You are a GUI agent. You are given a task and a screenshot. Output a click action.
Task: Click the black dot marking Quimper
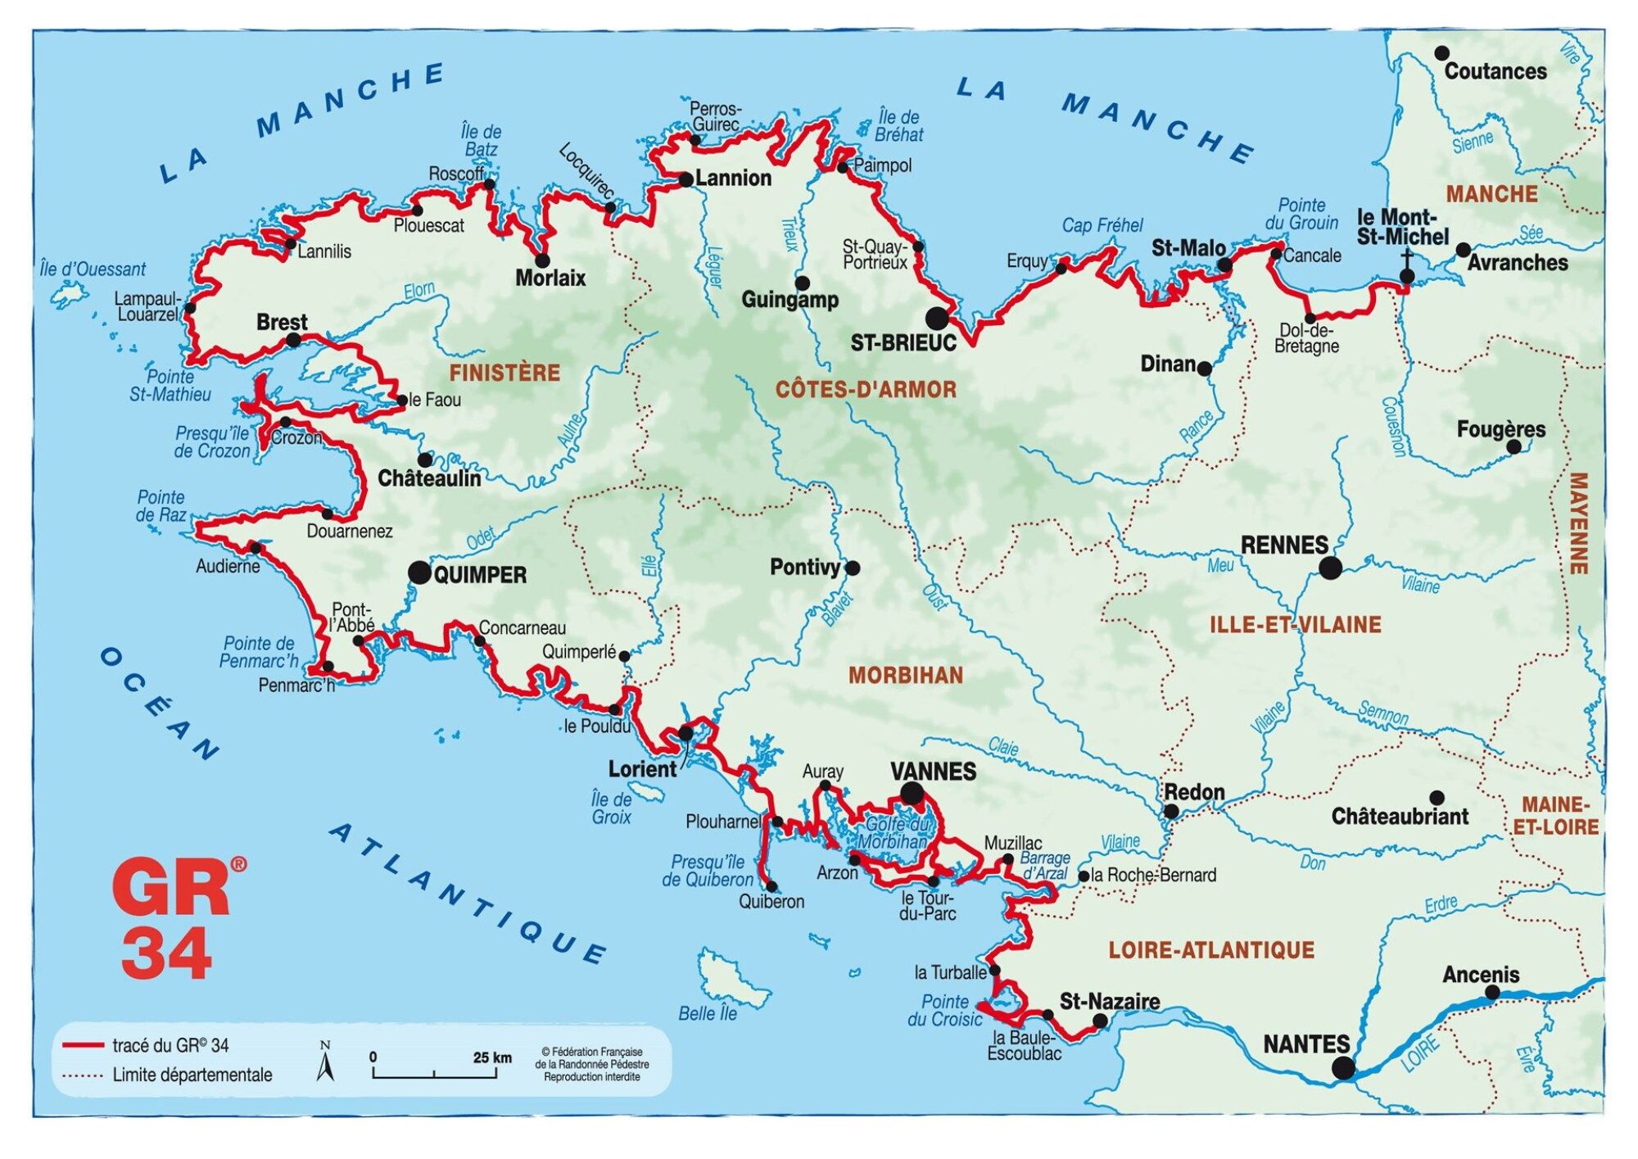coord(419,573)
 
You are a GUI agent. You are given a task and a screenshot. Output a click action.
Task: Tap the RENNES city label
coord(1283,546)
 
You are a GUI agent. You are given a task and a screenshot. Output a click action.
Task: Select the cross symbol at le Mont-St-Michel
coord(1406,261)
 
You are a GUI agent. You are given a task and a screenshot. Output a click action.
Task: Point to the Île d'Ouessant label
coord(93,269)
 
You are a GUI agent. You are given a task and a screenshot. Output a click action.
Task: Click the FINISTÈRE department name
coord(505,374)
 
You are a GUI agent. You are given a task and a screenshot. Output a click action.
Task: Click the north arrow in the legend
coord(325,1062)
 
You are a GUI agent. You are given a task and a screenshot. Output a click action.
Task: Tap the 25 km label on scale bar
coord(491,1057)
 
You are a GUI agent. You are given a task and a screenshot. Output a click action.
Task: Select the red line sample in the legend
coord(83,1046)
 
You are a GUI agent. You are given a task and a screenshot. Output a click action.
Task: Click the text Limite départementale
coord(192,1075)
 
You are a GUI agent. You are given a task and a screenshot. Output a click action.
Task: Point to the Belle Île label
coord(708,1014)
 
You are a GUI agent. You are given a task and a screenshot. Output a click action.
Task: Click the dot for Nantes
coord(1343,1068)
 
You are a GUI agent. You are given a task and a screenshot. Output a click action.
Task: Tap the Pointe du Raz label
coord(161,506)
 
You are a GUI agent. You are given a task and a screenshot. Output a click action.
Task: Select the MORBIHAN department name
coord(905,676)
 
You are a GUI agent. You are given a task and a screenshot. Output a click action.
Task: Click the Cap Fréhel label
coord(1102,225)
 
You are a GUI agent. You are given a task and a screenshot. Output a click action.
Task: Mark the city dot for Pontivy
coord(853,568)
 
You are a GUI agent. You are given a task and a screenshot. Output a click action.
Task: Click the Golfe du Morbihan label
coord(895,833)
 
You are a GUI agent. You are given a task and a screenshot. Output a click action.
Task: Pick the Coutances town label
coord(1495,71)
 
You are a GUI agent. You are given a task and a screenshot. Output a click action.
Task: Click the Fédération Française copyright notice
coord(591,1064)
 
